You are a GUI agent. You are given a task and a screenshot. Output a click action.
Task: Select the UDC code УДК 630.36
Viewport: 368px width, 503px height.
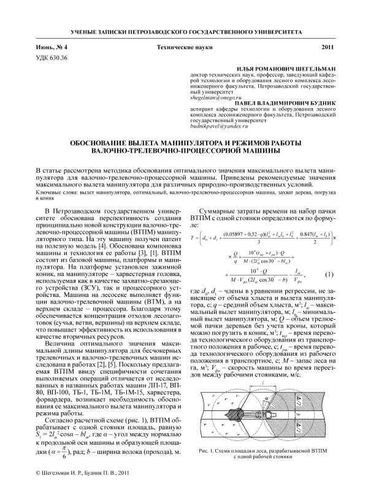click(x=52, y=57)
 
